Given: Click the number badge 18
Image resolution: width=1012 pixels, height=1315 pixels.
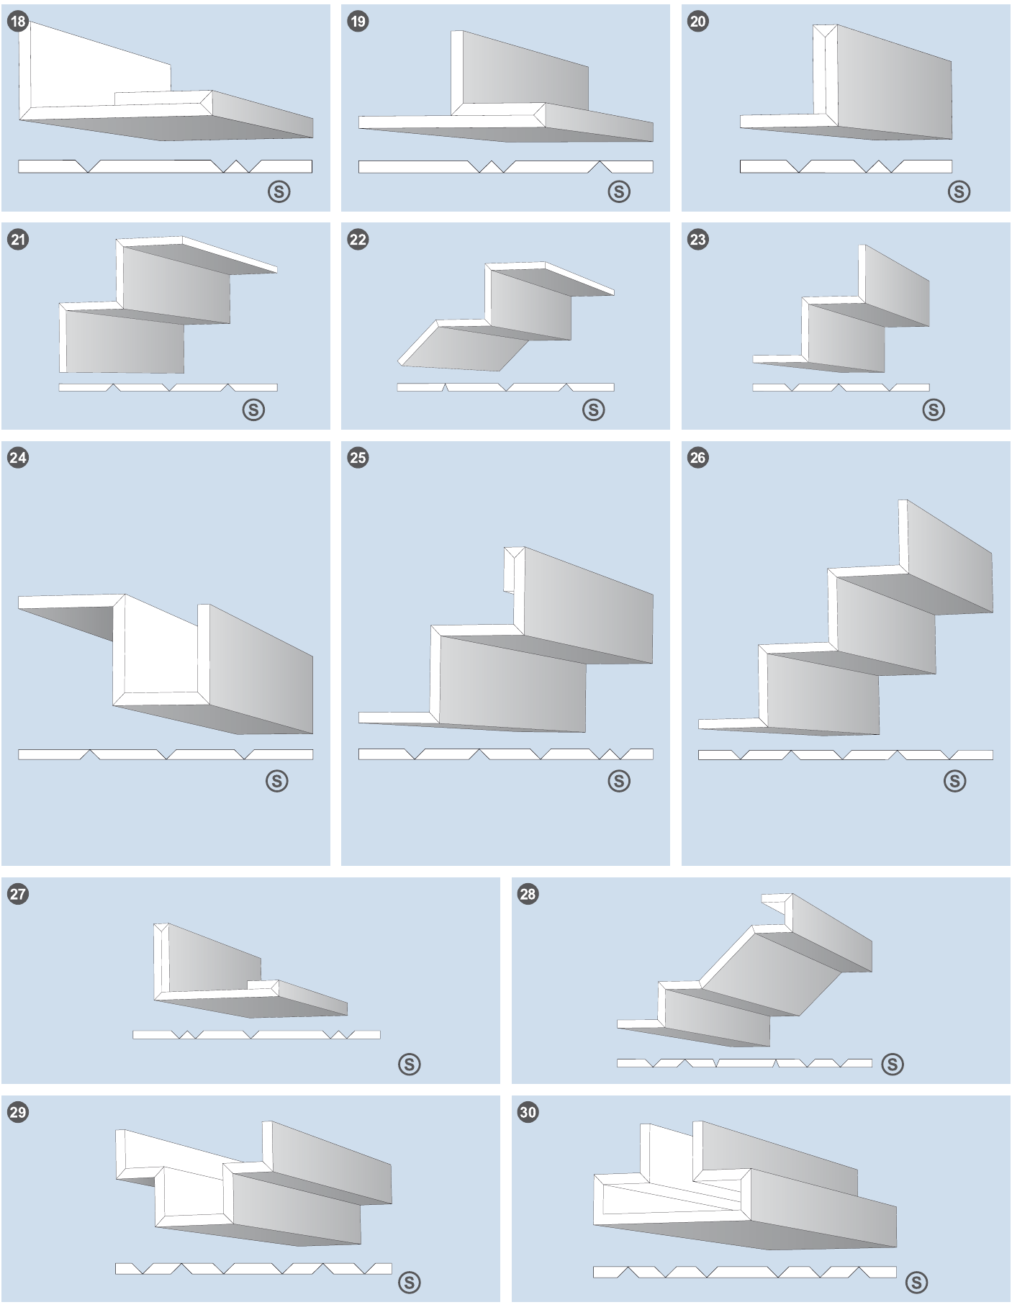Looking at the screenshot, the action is pyautogui.click(x=18, y=22).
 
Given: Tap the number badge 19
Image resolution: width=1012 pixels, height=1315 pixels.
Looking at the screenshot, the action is pyautogui.click(x=358, y=22).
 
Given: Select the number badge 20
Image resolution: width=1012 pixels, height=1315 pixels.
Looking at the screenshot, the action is pyautogui.click(x=698, y=22).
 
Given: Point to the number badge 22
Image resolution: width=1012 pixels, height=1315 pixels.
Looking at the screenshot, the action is pyautogui.click(x=358, y=240).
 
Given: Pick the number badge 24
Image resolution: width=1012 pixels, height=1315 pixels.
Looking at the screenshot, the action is pyautogui.click(x=18, y=458).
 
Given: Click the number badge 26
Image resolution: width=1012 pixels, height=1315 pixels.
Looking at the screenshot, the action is pyautogui.click(x=698, y=458).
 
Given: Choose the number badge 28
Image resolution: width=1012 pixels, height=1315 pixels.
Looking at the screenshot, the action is pyautogui.click(x=528, y=894).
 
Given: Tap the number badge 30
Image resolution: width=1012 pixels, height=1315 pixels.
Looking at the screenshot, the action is pyautogui.click(x=528, y=1112).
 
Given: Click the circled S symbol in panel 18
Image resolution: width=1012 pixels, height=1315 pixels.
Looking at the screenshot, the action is pyautogui.click(x=279, y=191).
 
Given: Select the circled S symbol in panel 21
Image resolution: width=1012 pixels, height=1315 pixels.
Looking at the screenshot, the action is pyautogui.click(x=253, y=410).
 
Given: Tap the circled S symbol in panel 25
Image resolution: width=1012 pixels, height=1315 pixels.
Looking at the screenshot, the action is pyautogui.click(x=619, y=781).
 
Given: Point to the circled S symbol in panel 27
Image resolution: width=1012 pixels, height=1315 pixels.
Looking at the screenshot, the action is pyautogui.click(x=410, y=1064).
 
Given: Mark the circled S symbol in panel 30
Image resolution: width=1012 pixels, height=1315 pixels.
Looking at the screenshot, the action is pyautogui.click(x=916, y=1282).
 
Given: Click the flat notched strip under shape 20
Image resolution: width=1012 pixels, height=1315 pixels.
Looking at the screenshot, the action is pyautogui.click(x=846, y=166).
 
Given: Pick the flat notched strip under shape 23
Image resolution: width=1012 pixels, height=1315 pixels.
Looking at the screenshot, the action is pyautogui.click(x=841, y=387).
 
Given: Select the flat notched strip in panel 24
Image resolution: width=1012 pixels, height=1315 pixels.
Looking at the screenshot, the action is pyautogui.click(x=166, y=754).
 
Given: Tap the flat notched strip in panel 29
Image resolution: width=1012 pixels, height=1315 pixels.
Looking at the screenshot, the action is pyautogui.click(x=253, y=1268).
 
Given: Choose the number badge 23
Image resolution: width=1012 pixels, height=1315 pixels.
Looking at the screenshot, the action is pyautogui.click(x=698, y=240).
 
